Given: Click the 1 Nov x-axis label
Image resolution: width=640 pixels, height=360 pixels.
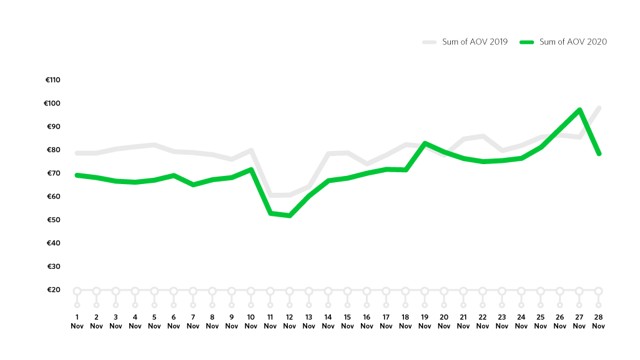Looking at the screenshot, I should tap(77, 321).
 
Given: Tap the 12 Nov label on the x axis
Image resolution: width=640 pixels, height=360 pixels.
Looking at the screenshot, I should tap(289, 321).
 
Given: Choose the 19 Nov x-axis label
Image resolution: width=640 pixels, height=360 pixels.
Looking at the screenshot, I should tap(425, 321).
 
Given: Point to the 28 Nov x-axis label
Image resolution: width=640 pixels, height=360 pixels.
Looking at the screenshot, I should tap(598, 321).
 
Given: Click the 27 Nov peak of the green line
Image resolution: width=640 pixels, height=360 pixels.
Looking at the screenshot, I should tap(579, 110).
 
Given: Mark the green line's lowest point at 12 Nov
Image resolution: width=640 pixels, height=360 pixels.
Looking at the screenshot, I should tap(289, 216).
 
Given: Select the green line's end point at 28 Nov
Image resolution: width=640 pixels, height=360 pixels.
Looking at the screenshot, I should tap(598, 153).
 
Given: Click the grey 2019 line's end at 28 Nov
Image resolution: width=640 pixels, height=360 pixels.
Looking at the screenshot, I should tap(598, 108).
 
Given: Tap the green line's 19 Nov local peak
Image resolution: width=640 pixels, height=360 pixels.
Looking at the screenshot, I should tap(425, 144).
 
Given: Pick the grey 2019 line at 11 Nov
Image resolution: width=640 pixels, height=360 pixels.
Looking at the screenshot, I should tap(270, 195).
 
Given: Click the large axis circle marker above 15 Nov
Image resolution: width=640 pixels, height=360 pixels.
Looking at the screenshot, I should tap(347, 291).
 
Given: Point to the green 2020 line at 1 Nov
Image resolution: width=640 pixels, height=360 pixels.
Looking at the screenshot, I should tap(77, 175).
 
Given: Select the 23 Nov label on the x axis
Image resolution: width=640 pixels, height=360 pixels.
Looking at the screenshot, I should tap(502, 321).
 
